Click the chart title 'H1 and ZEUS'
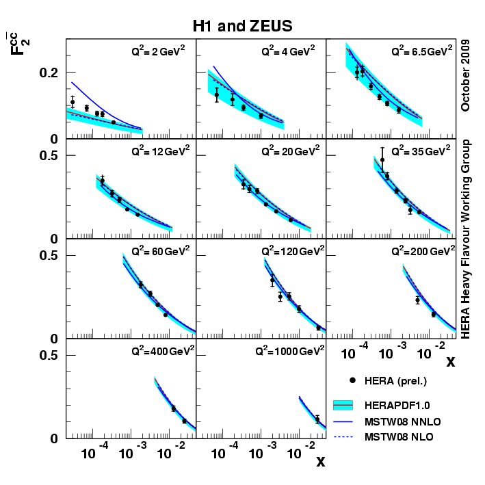tap(242, 26)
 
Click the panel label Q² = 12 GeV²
tap(159, 151)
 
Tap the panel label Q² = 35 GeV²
tap(421, 151)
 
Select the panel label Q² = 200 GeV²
tap(421, 251)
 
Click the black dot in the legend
tap(352, 380)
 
